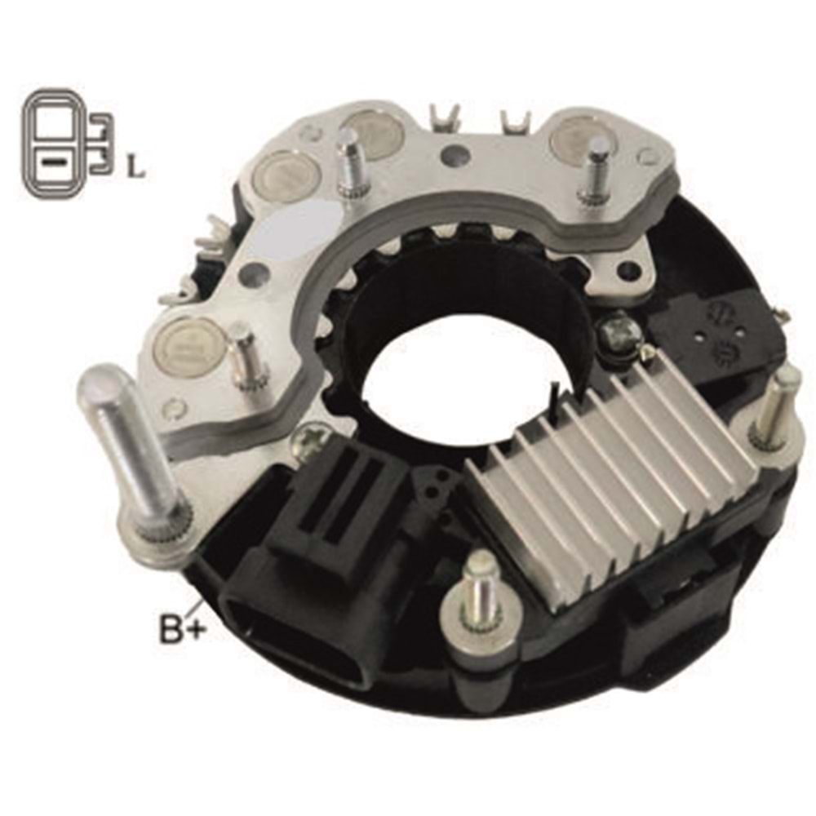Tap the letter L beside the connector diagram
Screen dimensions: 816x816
click(136, 169)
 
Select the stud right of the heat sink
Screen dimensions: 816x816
click(772, 408)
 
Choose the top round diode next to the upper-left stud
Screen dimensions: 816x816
click(371, 132)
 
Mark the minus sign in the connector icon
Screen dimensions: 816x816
click(52, 162)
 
